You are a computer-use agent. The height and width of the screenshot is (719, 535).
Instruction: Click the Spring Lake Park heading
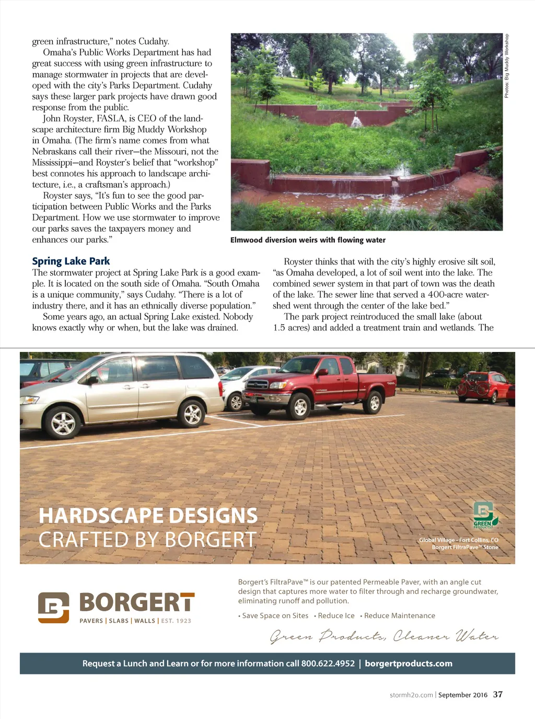click(71, 261)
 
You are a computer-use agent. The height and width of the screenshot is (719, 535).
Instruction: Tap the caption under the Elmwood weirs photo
click(308, 240)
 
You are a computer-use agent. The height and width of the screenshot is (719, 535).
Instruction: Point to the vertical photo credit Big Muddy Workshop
click(506, 66)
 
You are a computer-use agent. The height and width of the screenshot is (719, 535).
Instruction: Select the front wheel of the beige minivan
click(63, 422)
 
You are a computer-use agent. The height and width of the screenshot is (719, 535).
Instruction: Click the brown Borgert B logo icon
click(53, 607)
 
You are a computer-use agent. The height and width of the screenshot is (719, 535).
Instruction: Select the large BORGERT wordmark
click(137, 603)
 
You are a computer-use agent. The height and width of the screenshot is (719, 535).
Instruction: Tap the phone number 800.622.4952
click(328, 664)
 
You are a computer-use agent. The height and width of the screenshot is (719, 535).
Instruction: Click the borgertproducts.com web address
click(409, 664)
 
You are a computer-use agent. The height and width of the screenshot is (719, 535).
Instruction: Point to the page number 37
click(498, 694)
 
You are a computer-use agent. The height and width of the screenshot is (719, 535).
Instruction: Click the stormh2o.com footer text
click(411, 695)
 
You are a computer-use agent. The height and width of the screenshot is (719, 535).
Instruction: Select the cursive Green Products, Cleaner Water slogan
click(384, 636)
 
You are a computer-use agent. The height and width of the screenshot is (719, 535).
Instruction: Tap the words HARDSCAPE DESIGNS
click(148, 516)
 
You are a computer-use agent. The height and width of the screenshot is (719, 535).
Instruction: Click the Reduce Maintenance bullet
click(399, 615)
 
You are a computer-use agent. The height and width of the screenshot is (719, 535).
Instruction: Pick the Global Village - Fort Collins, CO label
click(458, 540)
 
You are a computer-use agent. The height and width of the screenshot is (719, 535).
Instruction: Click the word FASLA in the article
click(111, 118)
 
